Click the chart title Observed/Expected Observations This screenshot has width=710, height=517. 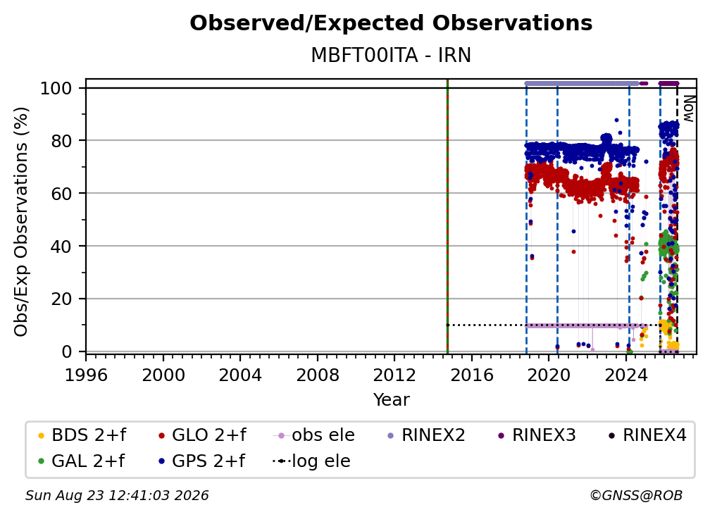pos(391,23)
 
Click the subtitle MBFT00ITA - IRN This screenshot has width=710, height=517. pos(391,56)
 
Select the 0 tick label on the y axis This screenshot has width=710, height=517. pos(66,351)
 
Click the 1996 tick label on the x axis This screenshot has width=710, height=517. pos(86,375)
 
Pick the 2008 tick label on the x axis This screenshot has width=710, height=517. pos(318,375)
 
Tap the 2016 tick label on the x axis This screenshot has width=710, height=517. pos(472,375)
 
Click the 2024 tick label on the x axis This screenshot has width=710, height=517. pos(625,375)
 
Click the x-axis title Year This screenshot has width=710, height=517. pos(391,400)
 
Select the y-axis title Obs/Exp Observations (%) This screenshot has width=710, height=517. pos(21,222)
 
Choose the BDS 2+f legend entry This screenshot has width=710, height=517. pos(82,435)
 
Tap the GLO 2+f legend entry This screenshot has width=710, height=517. pos(201,435)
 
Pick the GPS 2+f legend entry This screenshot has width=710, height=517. pos(201,461)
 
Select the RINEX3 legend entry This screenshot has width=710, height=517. pos(537,435)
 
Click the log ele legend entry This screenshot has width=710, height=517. pos(311,461)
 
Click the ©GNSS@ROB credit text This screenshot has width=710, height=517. pos(636,495)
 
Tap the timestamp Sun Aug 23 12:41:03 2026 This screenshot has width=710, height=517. pos(117,495)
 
